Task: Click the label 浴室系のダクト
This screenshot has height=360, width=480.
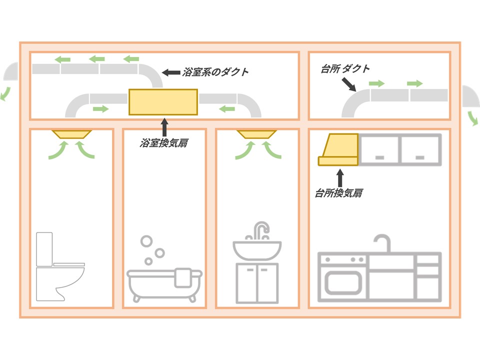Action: coord(215,72)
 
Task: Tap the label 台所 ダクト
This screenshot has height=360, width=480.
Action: coord(345,69)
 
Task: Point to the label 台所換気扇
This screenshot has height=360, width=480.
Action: coord(338,192)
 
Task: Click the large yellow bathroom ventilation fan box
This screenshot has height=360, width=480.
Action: coord(163,101)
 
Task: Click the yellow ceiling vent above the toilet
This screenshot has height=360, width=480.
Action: coord(71,134)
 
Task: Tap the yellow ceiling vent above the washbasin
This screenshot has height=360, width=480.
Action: coord(256,134)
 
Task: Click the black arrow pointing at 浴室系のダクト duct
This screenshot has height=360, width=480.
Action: coord(171,72)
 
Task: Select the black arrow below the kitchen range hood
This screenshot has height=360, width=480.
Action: coord(340,177)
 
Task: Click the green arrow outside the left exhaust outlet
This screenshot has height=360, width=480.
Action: coord(5,93)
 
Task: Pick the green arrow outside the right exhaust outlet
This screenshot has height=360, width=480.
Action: coord(472,118)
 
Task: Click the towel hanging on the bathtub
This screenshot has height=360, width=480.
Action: coord(183,276)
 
